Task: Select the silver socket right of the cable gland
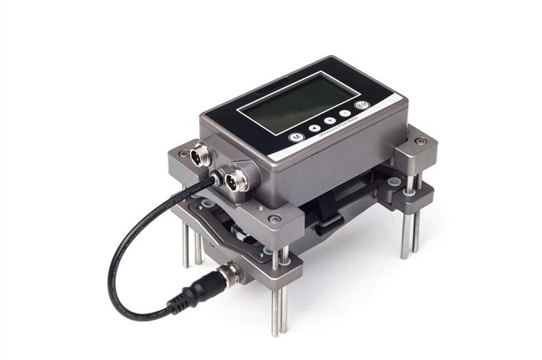pyautogui.click(x=236, y=179)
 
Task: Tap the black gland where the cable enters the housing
pyautogui.click(x=215, y=176)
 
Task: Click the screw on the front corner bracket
pyautogui.click(x=275, y=219)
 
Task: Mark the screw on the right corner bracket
pyautogui.click(x=421, y=141)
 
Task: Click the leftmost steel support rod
pyautogui.click(x=186, y=245)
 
